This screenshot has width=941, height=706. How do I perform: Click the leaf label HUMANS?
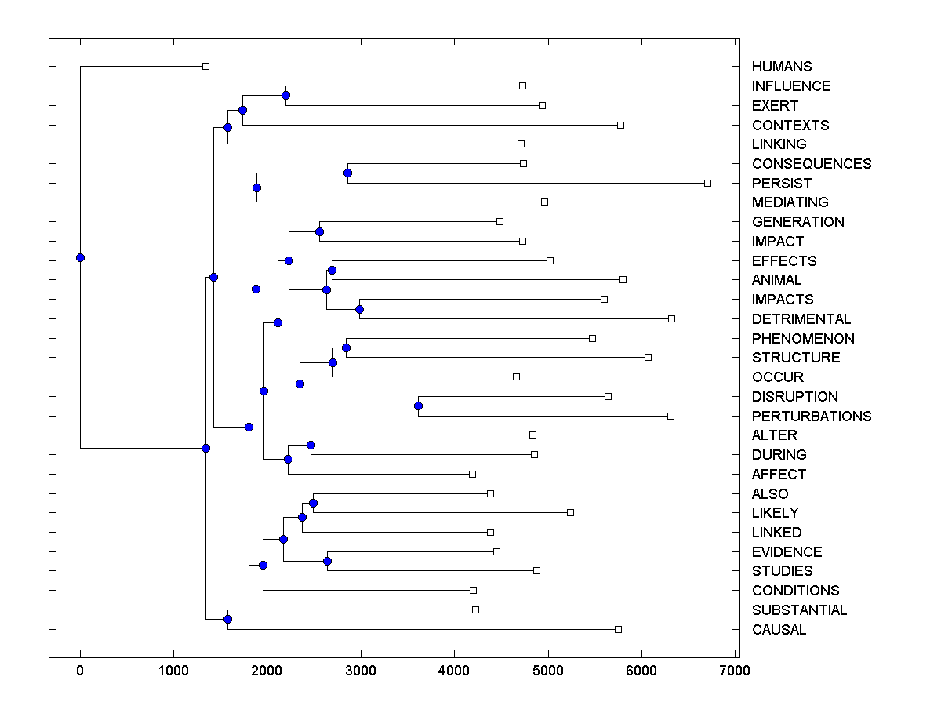781,67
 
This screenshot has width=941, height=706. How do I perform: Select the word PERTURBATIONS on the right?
811,416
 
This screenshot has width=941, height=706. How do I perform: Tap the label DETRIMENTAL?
801,319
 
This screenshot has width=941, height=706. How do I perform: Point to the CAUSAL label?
778,630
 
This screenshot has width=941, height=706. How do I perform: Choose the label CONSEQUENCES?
811,164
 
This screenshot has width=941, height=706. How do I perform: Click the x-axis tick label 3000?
361,670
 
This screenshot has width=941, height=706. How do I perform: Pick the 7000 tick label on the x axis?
735,670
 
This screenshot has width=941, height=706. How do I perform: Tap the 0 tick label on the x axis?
80,670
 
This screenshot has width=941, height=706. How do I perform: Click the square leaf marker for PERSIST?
707,183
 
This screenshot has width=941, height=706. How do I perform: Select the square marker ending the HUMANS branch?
205,66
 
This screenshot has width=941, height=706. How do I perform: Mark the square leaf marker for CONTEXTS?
620,125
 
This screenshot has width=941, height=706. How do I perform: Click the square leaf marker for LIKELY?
570,512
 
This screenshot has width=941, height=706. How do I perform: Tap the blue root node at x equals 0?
80,257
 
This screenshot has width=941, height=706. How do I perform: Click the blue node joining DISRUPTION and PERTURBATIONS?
418,406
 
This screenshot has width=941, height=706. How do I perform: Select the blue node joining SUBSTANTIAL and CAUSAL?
227,619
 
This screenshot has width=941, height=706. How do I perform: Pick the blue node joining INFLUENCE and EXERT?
285,95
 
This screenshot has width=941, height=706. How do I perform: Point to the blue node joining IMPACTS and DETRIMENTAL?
359,309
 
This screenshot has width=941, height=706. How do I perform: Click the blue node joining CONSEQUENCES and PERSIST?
348,173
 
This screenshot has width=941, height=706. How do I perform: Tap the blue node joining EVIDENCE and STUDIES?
327,561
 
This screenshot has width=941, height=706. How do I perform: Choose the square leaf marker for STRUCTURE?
648,357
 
